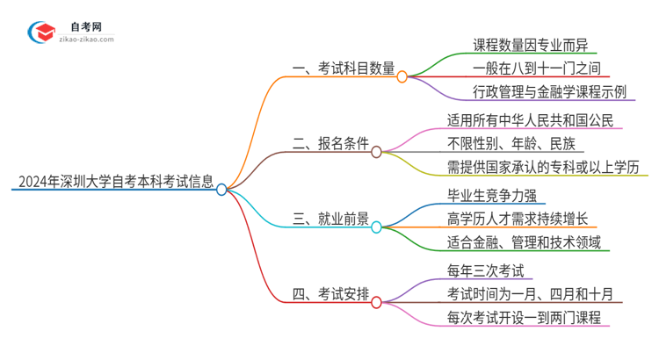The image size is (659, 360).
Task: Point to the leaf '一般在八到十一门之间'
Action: (x=524, y=68)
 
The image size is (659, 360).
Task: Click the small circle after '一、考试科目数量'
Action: (x=402, y=77)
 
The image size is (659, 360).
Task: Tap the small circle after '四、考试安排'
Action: (x=377, y=302)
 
